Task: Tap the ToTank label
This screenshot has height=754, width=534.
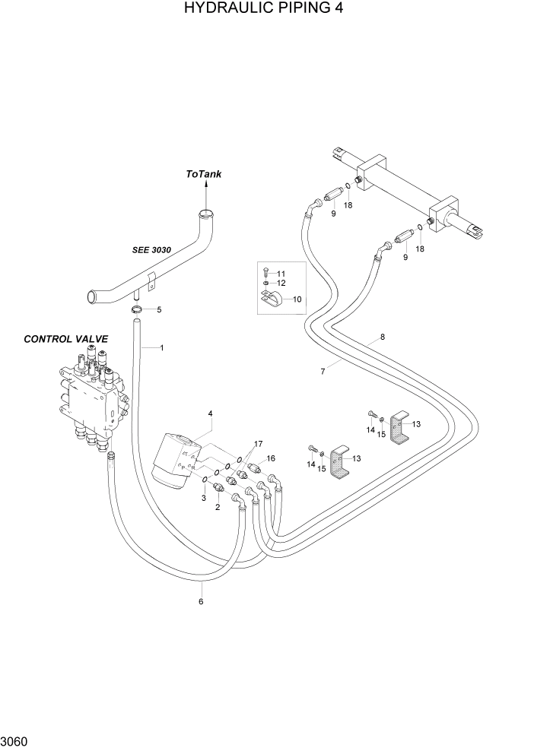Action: click(x=204, y=174)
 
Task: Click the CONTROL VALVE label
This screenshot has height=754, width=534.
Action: click(x=66, y=339)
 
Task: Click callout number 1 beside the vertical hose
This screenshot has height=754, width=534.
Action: click(x=162, y=347)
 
